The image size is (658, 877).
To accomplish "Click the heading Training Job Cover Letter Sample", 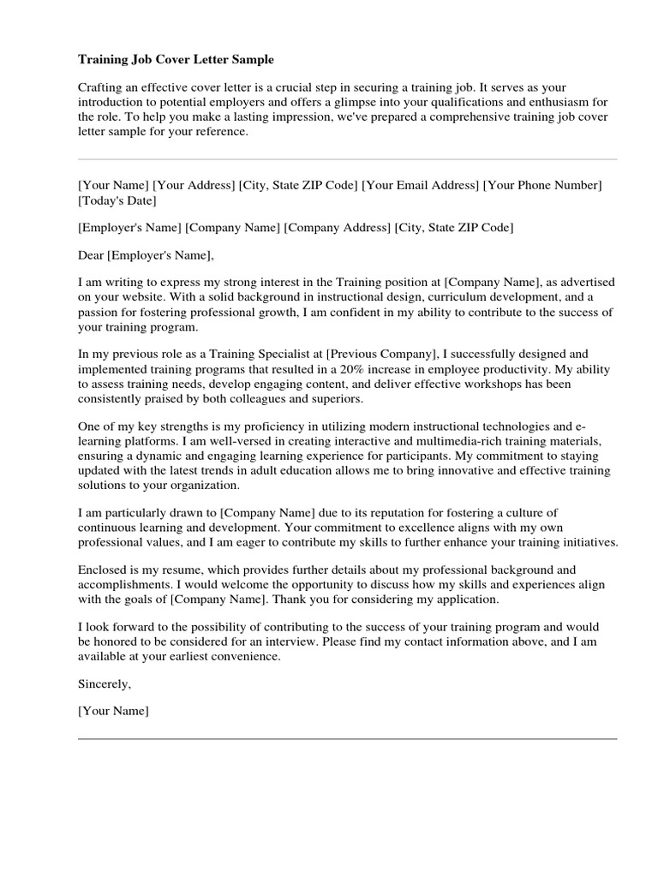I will [x=176, y=60].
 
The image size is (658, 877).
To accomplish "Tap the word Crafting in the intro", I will [x=100, y=88].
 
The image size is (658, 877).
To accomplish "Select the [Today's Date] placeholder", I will [x=117, y=201].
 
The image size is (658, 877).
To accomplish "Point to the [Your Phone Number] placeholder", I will [x=543, y=185].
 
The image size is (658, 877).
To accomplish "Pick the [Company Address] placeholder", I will [x=338, y=228].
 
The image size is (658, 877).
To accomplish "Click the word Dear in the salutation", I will [x=90, y=254].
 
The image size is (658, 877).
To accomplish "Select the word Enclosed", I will [x=103, y=570].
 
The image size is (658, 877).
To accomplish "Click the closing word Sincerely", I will [x=105, y=684].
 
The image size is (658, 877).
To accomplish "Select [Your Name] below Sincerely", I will [x=113, y=711].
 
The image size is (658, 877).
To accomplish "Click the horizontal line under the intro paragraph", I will [x=347, y=159].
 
